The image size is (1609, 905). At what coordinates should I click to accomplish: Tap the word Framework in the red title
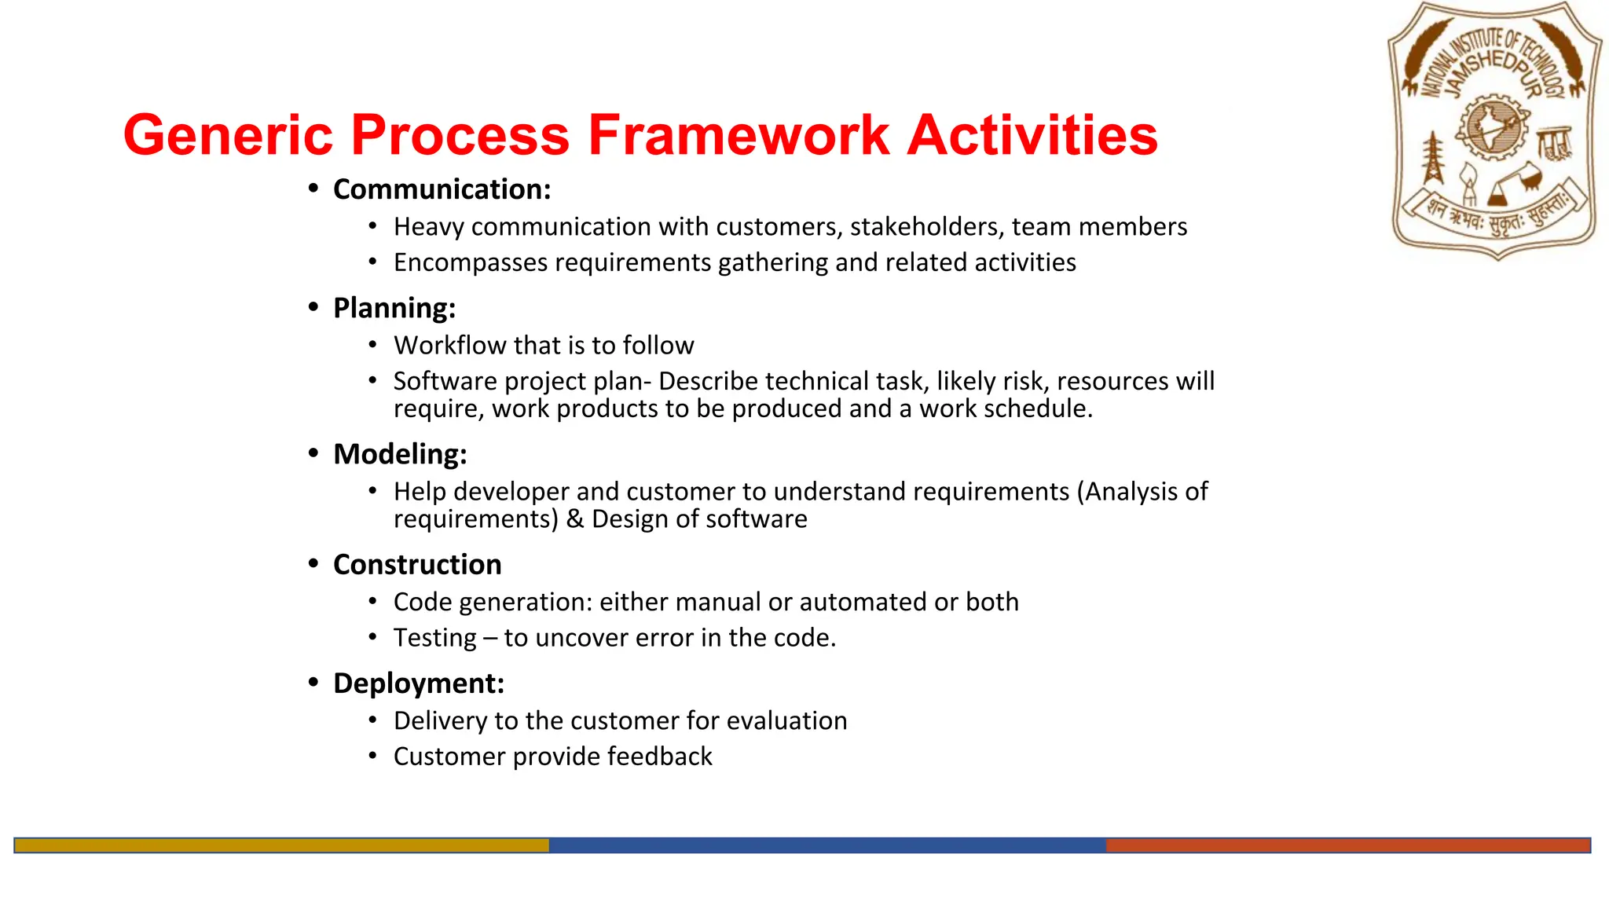click(739, 135)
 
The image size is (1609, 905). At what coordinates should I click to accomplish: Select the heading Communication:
click(442, 189)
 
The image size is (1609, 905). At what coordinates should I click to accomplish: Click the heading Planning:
click(394, 308)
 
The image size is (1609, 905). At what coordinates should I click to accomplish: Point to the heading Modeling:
click(400, 454)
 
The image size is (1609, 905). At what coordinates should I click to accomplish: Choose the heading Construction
click(416, 565)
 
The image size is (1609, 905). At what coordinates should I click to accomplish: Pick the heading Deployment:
click(418, 683)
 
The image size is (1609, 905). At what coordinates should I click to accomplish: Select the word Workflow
click(449, 346)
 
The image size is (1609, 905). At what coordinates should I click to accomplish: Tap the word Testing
click(434, 638)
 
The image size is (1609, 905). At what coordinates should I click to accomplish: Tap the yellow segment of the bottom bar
click(281, 845)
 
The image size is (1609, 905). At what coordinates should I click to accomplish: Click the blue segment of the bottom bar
click(826, 845)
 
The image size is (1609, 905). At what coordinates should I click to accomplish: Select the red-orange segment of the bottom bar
click(1347, 845)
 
